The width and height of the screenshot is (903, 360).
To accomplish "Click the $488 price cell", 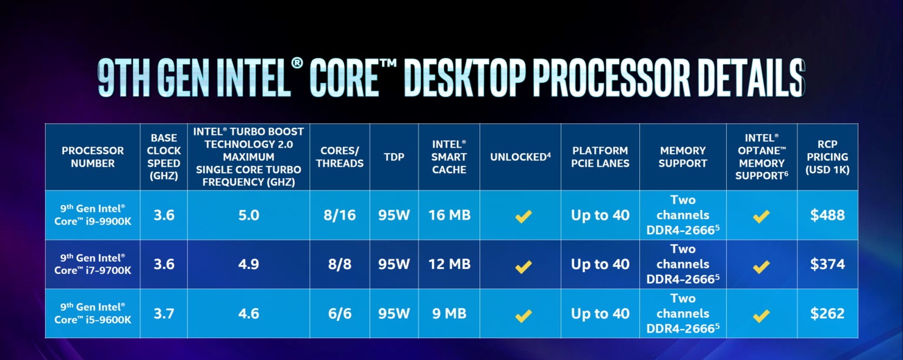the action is tap(827, 215).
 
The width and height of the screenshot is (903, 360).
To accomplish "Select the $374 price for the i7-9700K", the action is tap(827, 264).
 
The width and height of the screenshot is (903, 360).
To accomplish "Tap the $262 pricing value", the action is tap(827, 314).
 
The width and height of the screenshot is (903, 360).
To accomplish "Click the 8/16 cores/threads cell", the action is tap(339, 215).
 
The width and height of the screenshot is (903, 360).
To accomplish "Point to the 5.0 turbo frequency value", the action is tap(248, 215).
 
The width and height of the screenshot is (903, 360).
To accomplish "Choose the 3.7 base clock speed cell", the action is tap(164, 314).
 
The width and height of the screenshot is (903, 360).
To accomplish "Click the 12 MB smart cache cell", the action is tap(449, 264).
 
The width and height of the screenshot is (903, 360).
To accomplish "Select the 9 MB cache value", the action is tap(449, 314).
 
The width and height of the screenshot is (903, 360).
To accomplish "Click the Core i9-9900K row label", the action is tap(93, 215).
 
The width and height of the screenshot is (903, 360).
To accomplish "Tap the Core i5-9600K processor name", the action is tap(93, 313).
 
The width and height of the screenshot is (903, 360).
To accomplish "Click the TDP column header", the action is tap(394, 157).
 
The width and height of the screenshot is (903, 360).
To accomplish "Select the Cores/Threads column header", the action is tap(339, 157).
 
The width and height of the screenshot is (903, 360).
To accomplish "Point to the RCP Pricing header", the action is tap(827, 157).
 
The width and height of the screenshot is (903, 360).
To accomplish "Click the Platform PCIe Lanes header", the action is tap(600, 157).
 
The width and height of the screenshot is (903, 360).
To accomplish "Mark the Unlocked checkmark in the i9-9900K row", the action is tap(523, 217).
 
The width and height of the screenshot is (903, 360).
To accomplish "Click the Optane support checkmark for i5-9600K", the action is tap(761, 315).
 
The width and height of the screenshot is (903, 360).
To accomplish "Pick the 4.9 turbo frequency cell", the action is tap(248, 264).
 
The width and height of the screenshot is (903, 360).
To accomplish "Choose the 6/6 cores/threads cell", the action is tap(339, 314).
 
